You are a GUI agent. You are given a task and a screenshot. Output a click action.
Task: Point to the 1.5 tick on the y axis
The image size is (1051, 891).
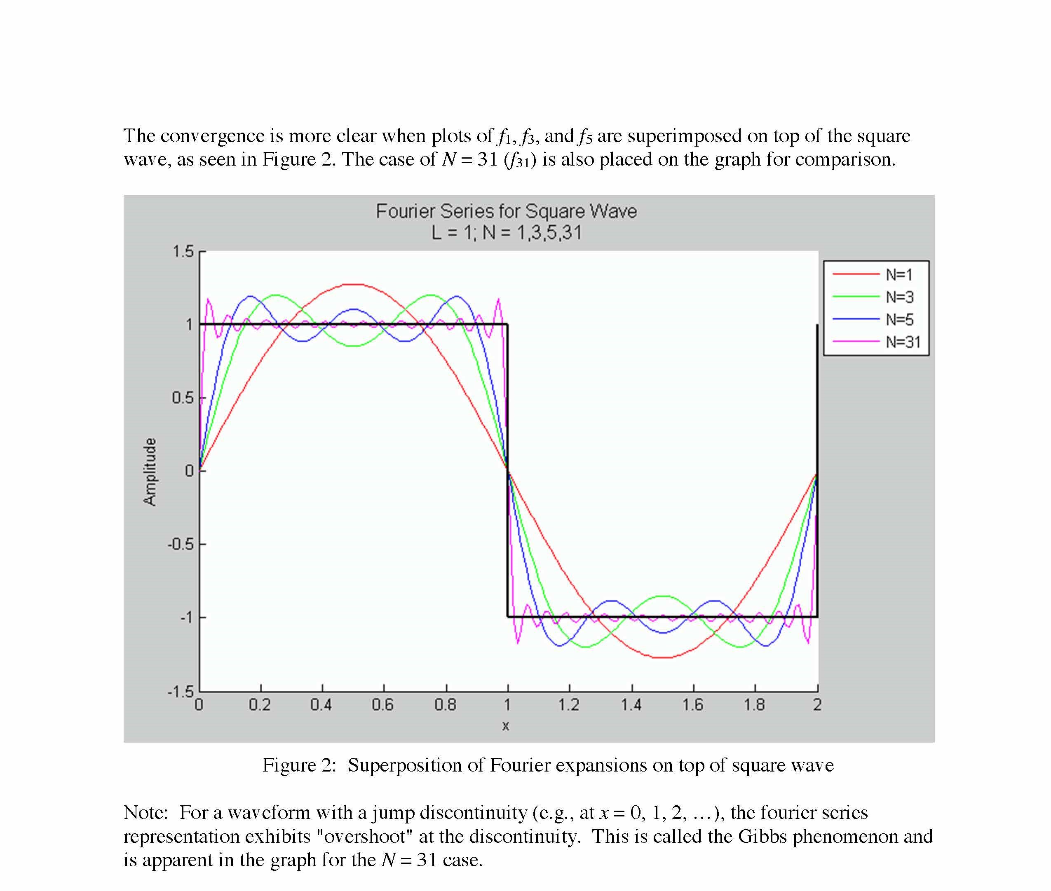(x=183, y=252)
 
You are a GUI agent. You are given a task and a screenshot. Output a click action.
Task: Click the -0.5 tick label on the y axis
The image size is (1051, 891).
(x=180, y=545)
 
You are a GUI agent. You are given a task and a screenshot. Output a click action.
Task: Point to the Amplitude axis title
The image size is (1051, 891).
(x=150, y=472)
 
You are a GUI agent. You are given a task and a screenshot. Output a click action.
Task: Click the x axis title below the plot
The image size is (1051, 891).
(x=506, y=726)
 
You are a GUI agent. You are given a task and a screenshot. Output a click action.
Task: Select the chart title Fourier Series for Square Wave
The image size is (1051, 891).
(x=506, y=211)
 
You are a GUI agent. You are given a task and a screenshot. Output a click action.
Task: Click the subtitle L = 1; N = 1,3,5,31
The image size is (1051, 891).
(x=506, y=233)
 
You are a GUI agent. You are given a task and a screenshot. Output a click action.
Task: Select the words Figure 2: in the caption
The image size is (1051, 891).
(x=299, y=765)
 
